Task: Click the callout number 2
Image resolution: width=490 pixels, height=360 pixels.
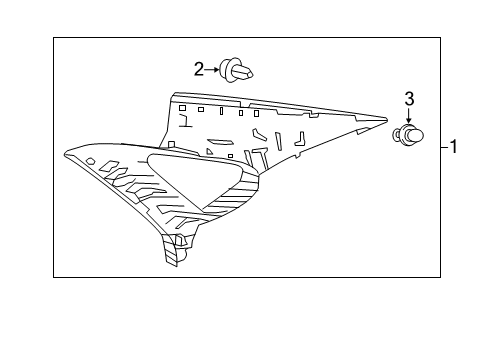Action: coord(200,68)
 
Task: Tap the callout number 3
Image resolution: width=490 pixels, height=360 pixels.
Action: coord(408,98)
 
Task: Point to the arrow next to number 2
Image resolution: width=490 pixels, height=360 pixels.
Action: coord(216,68)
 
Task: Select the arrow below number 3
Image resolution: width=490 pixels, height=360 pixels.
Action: coord(408,116)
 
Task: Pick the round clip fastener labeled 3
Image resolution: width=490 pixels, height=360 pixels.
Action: coord(410,134)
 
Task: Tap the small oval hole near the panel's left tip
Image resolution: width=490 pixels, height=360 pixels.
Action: coord(91,160)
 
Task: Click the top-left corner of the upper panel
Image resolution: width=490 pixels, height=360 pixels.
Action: coord(174,96)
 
